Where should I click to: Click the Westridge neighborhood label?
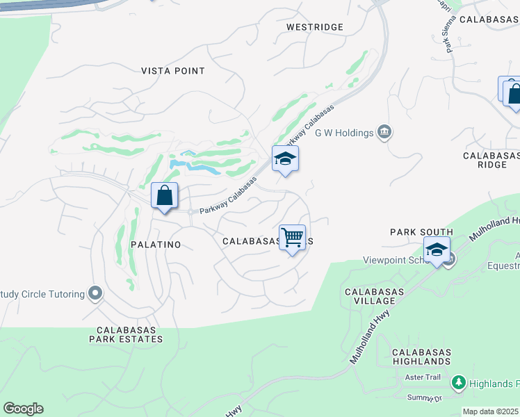pyautogui.click(x=315, y=27)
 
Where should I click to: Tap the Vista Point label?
pyautogui.click(x=173, y=71)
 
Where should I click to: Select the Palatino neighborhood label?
pyautogui.click(x=156, y=245)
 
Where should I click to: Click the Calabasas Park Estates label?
pyautogui.click(x=126, y=334)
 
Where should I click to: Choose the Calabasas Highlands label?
pyautogui.click(x=421, y=357)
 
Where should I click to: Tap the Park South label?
pyautogui.click(x=421, y=232)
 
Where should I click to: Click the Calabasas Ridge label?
pyautogui.click(x=491, y=161)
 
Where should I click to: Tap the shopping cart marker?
pyautogui.click(x=293, y=238)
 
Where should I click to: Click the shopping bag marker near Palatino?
pyautogui.click(x=164, y=196)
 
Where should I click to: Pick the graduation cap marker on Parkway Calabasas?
pyautogui.click(x=285, y=159)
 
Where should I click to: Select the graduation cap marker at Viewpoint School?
pyautogui.click(x=437, y=250)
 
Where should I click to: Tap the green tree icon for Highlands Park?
pyautogui.click(x=458, y=383)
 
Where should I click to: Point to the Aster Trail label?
pyautogui.click(x=423, y=377)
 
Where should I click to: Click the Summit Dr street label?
pyautogui.click(x=425, y=398)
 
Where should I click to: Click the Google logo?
pyautogui.click(x=23, y=409)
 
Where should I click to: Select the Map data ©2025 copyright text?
pyautogui.click(x=491, y=411)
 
